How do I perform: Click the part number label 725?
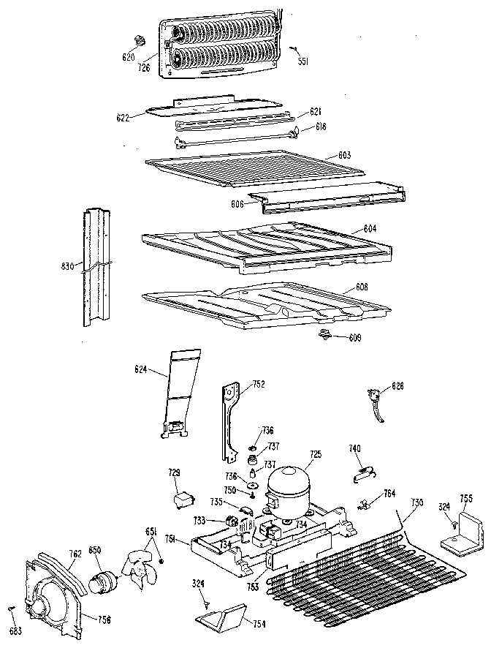coord(314,455)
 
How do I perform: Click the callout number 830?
coord(68,267)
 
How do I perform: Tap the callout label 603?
coord(345,155)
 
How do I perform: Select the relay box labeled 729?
coord(180,500)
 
